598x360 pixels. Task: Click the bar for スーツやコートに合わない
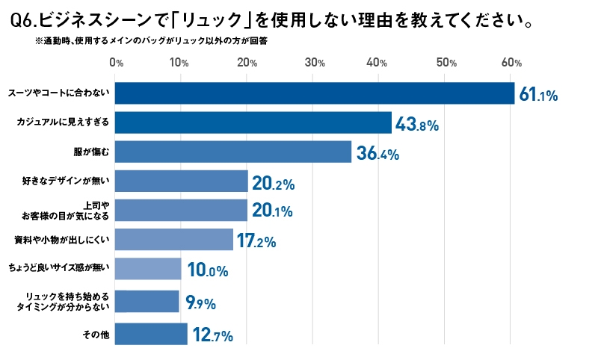pos(315,93)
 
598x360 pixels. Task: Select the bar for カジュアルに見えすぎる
pos(253,122)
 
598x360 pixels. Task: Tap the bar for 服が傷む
pos(233,152)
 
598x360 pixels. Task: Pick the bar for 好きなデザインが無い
pos(182,181)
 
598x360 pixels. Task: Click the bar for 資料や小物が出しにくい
pos(174,240)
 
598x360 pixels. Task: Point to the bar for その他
pos(152,334)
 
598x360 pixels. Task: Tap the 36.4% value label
pos(377,154)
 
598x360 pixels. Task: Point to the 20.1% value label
pos(272,211)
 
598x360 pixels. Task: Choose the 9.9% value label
pos(200,302)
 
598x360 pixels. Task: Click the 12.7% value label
pos(213,335)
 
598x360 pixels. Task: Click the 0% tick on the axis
pos(116,63)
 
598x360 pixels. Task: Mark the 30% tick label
pos(315,63)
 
